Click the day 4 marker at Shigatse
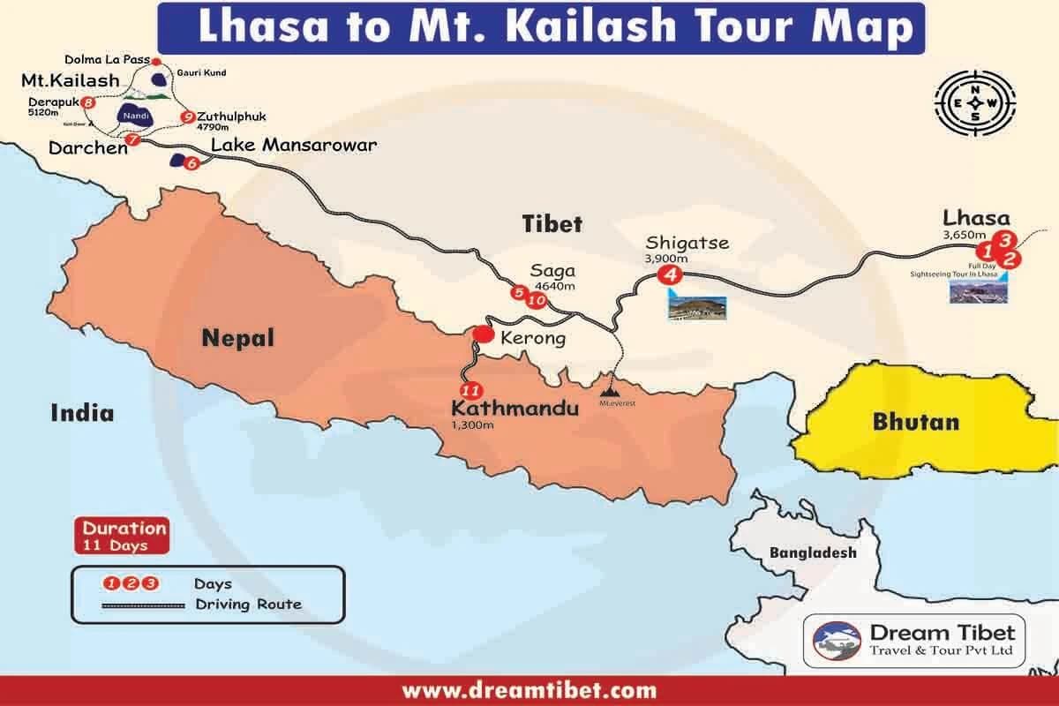[671, 274]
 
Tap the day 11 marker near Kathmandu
[469, 389]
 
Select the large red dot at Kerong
[483, 334]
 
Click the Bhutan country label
[915, 422]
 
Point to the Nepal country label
[237, 336]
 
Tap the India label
[82, 411]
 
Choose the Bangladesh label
[813, 552]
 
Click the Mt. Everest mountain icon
[610, 386]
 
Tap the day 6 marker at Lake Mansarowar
[192, 162]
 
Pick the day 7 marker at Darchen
[133, 139]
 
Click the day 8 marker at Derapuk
[88, 103]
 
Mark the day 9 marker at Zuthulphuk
[186, 116]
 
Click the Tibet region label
[552, 224]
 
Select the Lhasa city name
[976, 217]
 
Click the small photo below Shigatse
[697, 306]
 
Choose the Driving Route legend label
[248, 605]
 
